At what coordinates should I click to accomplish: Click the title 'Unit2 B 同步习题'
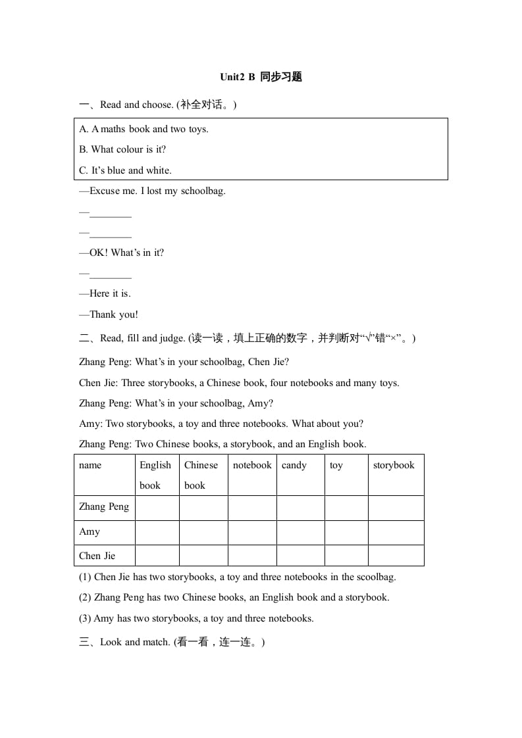261,77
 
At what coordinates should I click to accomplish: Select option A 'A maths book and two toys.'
144,129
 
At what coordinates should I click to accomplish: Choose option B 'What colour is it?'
122,149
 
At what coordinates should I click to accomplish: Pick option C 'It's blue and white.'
125,170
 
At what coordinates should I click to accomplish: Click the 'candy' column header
294,465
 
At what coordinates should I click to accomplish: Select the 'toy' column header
336,465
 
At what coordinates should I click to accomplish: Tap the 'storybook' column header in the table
394,465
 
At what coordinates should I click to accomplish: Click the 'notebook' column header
252,465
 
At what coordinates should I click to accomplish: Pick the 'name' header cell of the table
90,465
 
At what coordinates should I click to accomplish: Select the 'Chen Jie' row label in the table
97,556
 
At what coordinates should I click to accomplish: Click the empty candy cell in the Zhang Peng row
301,507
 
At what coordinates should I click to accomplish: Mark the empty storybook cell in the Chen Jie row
396,556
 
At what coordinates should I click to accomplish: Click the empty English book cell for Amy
157,531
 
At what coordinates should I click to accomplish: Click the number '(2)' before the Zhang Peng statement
85,597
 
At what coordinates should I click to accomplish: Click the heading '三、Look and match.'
172,642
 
